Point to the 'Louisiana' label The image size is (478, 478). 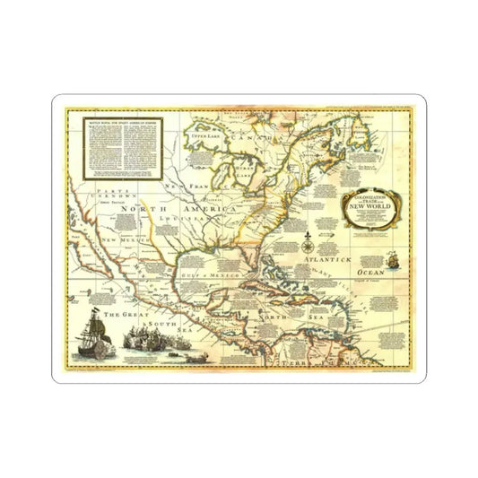click(177, 217)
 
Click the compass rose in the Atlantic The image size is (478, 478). click(309, 239)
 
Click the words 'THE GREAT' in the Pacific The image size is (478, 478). click(119, 316)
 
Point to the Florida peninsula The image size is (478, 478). click(252, 263)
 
